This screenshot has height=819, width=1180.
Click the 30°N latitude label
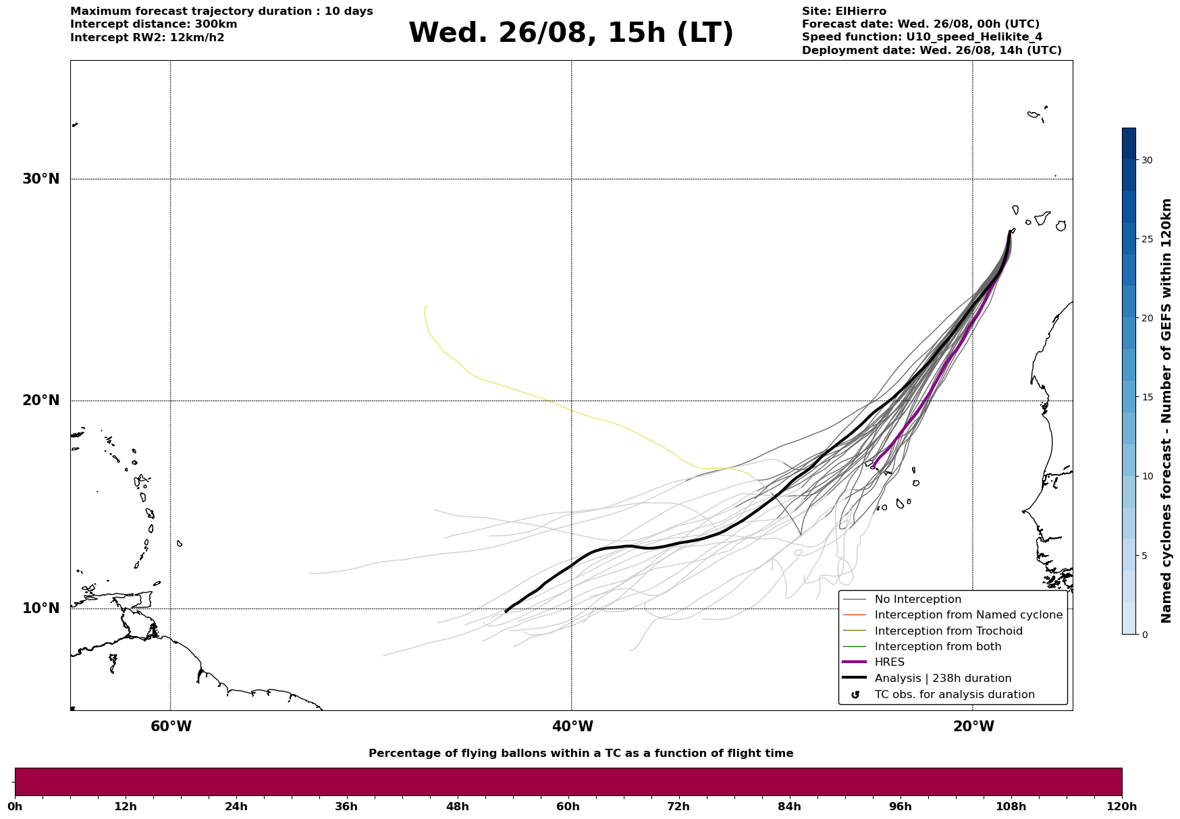[x=41, y=179]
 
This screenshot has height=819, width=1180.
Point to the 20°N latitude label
[x=41, y=400]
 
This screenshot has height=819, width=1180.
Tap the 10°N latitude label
[x=41, y=608]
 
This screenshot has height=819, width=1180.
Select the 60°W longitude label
[x=171, y=726]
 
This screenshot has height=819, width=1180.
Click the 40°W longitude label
[x=572, y=726]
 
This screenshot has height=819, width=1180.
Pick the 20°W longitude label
[x=973, y=726]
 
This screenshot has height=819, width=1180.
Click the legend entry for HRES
[x=889, y=662]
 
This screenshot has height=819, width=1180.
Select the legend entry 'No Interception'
[x=917, y=600]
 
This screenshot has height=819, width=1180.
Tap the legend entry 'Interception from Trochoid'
[x=948, y=631]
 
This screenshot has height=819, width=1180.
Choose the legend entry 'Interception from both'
[x=938, y=647]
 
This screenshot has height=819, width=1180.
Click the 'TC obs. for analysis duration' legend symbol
[x=855, y=695]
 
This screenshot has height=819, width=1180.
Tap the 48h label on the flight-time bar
[x=457, y=806]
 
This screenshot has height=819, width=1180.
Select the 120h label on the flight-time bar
[x=1122, y=806]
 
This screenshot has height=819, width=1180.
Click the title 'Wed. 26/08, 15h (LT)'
[x=571, y=33]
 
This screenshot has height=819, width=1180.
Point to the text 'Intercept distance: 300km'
[x=154, y=24]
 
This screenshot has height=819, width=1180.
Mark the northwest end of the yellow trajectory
[x=427, y=307]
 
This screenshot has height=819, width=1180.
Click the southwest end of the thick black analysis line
[x=506, y=612]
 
